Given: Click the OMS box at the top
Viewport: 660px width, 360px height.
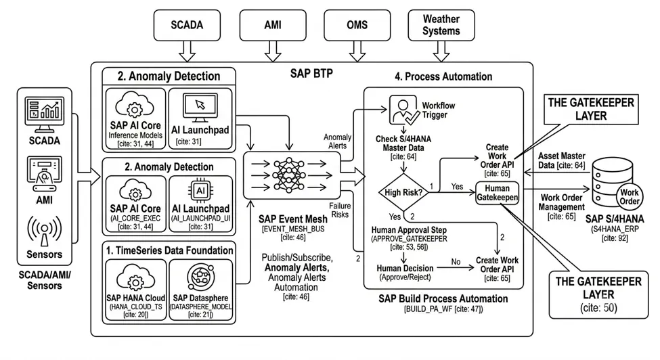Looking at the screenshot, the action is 357,25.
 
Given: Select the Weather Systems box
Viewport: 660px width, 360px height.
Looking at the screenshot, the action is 441,25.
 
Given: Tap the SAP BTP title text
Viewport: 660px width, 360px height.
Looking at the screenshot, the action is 311,73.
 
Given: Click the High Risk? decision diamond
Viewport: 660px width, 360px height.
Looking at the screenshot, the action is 403,192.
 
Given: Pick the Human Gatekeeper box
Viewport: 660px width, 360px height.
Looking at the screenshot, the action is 497,193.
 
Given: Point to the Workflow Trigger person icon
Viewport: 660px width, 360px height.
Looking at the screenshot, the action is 403,110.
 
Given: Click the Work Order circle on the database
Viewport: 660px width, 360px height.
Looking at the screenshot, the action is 630,196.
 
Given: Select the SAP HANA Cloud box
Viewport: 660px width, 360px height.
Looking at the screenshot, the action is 135,290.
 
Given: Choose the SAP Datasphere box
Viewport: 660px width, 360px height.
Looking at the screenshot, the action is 201,290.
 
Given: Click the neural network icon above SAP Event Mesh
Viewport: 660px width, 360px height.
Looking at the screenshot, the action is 289,175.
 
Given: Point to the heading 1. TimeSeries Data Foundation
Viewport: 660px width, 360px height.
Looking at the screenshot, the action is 169,250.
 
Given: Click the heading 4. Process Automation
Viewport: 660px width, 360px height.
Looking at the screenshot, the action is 443,76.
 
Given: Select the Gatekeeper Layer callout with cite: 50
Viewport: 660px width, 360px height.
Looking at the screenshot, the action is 598,294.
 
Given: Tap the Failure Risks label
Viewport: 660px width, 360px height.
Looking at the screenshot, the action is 340,210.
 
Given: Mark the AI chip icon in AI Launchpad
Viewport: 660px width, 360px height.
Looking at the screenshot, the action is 200,191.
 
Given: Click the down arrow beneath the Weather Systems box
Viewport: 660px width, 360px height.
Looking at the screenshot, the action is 441,51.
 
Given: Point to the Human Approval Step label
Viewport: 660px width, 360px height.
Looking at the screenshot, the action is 409,230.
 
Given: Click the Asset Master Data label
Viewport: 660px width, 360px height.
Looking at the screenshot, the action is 561,160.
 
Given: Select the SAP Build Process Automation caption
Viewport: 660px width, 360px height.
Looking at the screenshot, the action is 443,299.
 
